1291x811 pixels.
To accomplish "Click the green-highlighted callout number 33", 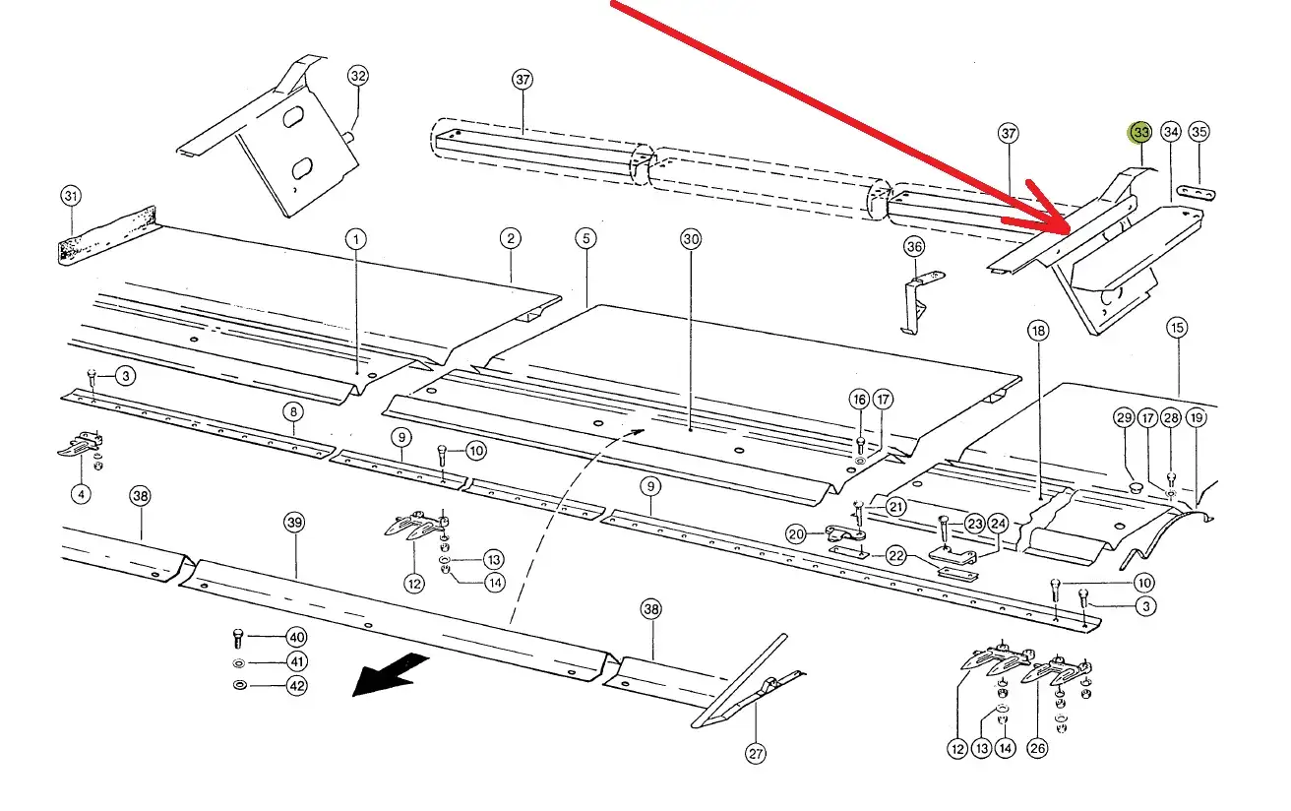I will tap(1140, 132).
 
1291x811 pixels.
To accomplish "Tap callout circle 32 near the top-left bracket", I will tap(358, 76).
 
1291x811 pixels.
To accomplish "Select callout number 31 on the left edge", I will tap(71, 197).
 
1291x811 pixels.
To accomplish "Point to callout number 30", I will tap(690, 238).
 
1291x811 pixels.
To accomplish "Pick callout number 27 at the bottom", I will tap(755, 755).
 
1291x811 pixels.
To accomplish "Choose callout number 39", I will tap(294, 523).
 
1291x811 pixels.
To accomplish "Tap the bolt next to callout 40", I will tap(239, 637).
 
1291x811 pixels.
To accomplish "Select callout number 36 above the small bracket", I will tap(914, 246).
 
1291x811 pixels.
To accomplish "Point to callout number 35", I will tap(1199, 132).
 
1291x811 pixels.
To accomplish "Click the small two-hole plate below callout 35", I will tap(1198, 190).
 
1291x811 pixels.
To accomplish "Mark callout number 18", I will tap(1039, 331).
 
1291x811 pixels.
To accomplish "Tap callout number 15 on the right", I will tap(1177, 328).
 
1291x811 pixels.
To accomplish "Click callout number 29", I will tap(1125, 418).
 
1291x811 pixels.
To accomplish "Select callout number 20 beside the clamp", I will tap(796, 534).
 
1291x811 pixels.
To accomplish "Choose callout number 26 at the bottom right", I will tap(1037, 749).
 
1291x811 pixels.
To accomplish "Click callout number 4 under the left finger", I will tap(81, 493).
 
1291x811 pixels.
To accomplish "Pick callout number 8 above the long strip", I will tap(293, 413).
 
